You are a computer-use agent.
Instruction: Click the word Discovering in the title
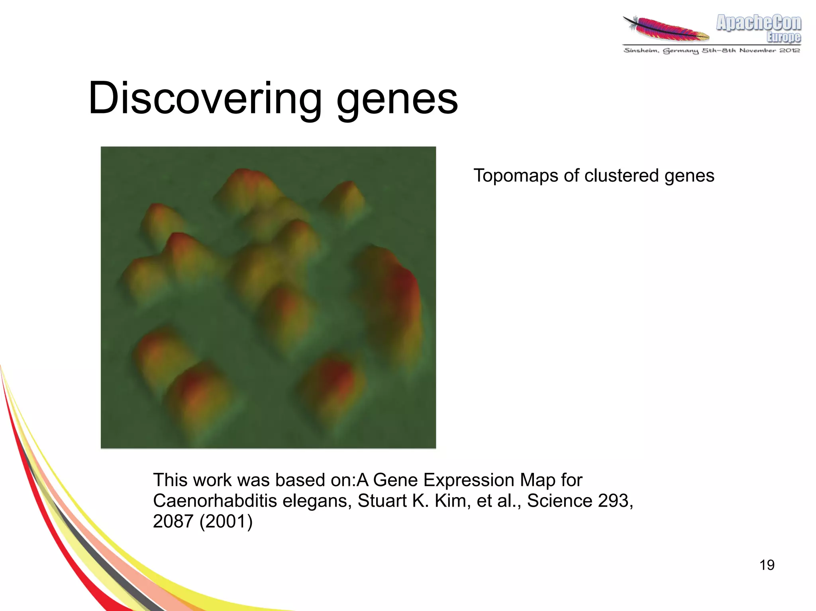[204, 98]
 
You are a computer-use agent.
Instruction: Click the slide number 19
[767, 565]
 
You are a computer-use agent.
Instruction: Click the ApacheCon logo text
[758, 23]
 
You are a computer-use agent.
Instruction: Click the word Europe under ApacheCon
[783, 37]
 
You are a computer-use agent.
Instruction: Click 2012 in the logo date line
[790, 50]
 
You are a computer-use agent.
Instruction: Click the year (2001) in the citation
[226, 521]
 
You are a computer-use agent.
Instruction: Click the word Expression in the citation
[469, 480]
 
